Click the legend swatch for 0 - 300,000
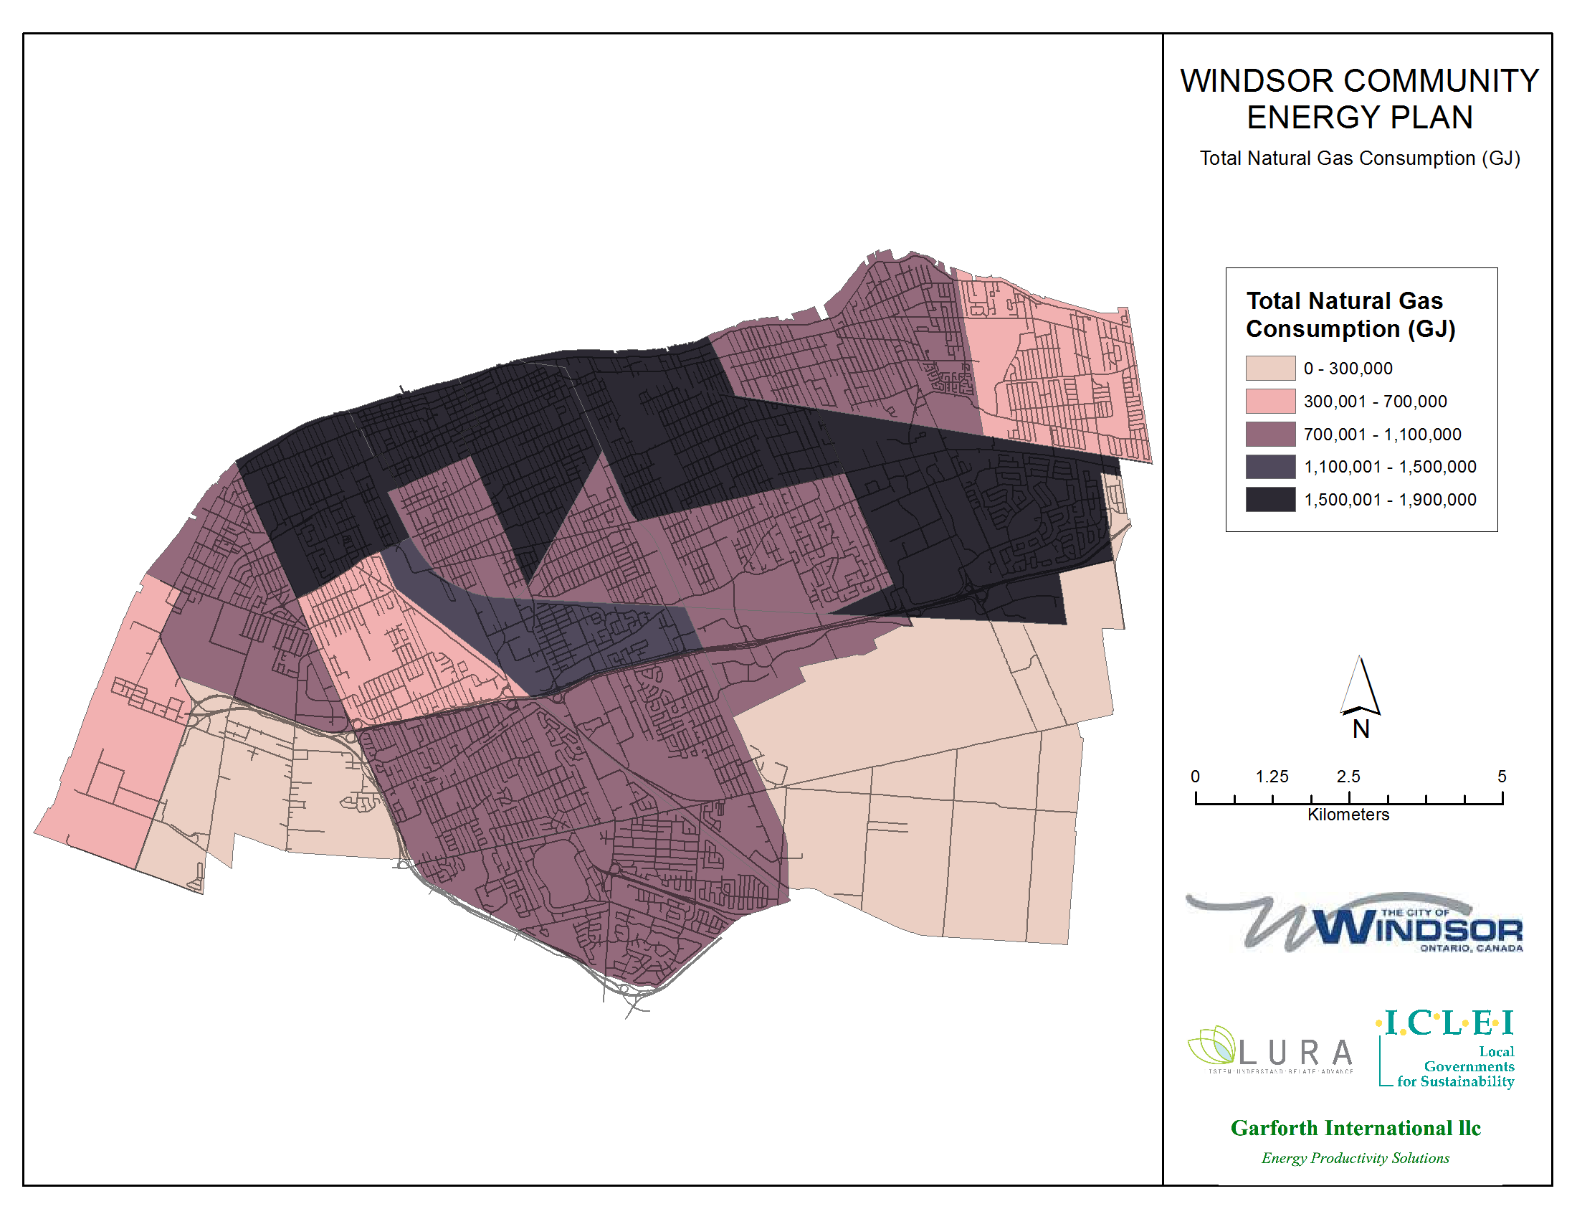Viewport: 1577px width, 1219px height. click(1270, 369)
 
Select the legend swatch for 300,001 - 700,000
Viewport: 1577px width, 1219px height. click(1270, 402)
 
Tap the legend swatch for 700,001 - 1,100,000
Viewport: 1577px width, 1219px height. click(1270, 434)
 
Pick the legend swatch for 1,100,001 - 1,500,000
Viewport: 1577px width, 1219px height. click(1270, 467)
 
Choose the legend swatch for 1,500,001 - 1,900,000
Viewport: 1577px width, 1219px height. click(1270, 500)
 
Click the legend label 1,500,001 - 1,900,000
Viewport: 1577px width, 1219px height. click(1390, 500)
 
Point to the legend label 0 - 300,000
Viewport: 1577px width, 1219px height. click(1348, 369)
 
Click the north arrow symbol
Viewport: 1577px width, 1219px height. click(1361, 686)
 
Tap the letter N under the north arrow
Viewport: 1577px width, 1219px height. click(1361, 729)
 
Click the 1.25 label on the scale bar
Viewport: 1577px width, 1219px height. click(1272, 777)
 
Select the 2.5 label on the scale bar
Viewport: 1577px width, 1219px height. click(1348, 777)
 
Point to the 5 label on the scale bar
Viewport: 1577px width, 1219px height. click(1502, 777)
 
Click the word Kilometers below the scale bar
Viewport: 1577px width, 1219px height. click(1348, 815)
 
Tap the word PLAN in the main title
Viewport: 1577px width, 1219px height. click(1433, 118)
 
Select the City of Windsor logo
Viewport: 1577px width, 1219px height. click(1355, 924)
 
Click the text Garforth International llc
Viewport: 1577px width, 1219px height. click(1356, 1128)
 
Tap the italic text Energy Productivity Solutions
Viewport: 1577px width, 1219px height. click(1356, 1158)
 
